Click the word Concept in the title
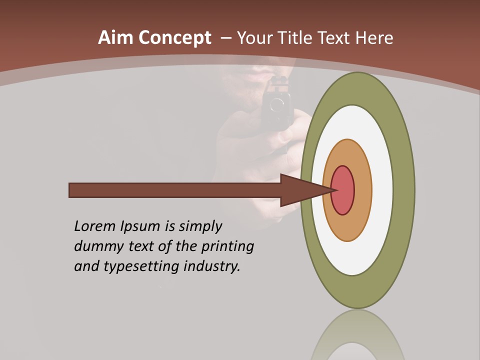tap(175, 38)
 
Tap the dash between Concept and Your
tap(225, 38)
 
